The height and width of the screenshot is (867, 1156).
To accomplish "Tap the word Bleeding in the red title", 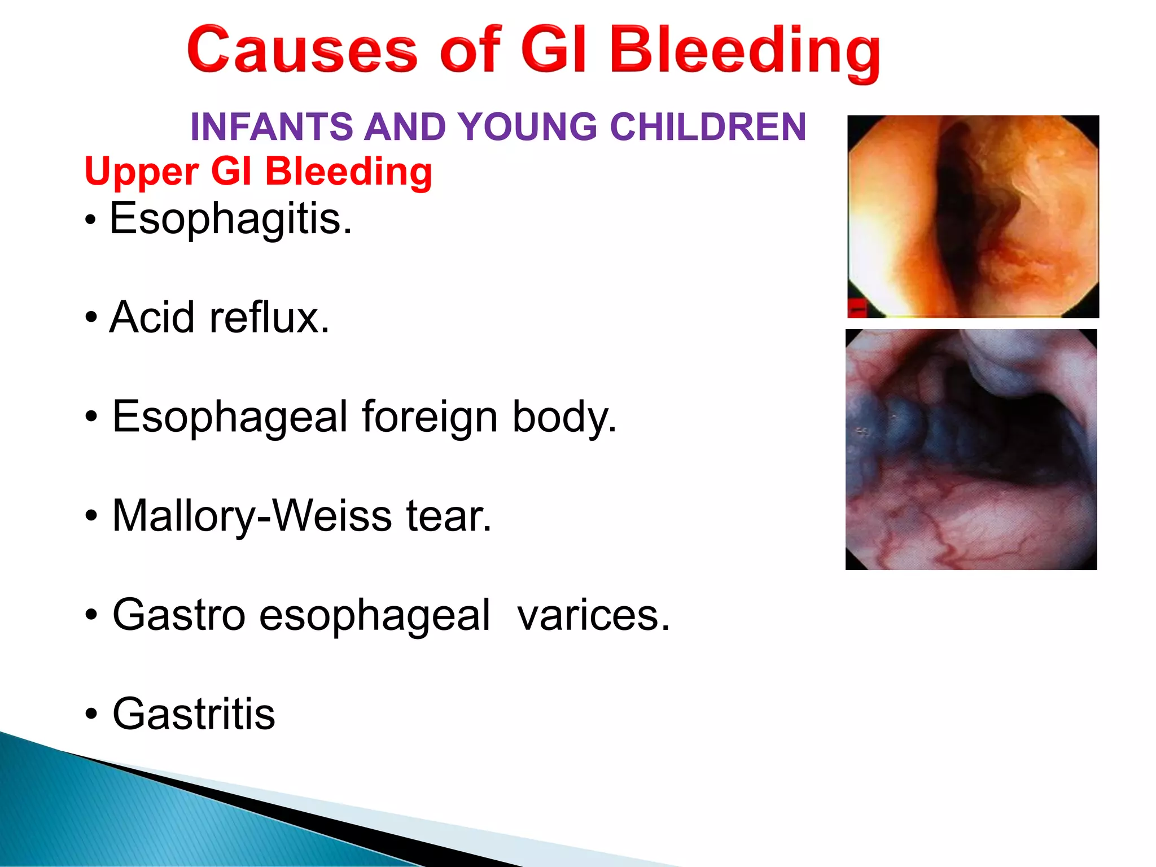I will pos(745,52).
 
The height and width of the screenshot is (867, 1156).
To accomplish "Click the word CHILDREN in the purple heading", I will pos(708,126).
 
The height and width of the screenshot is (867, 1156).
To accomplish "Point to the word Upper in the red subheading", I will pos(141,172).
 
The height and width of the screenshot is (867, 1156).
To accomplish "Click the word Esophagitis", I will pos(230,219).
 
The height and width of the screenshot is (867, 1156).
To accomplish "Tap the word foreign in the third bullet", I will pos(429,417).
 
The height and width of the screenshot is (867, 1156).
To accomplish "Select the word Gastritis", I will pos(194,714).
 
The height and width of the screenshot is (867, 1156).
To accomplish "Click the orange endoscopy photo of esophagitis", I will pos(973,216).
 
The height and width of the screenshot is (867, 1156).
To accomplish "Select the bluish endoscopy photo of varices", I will pos(971,449).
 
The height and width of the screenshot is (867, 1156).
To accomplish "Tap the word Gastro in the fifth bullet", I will pos(178,615).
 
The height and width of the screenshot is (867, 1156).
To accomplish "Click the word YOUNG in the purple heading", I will pos(528,126).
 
